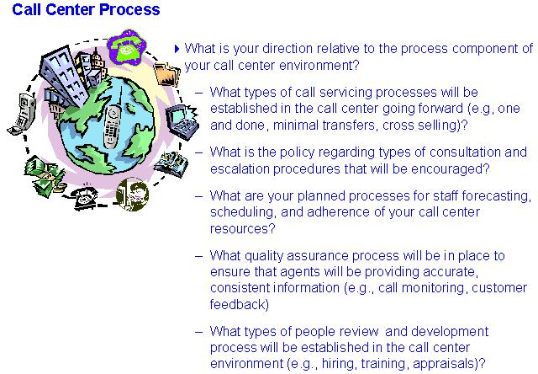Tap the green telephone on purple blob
point(126,47)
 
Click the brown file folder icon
point(167,74)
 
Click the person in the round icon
point(133,194)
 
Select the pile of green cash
point(45,176)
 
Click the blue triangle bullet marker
point(177,49)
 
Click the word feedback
point(239,304)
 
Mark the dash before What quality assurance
point(198,256)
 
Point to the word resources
point(243,228)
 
